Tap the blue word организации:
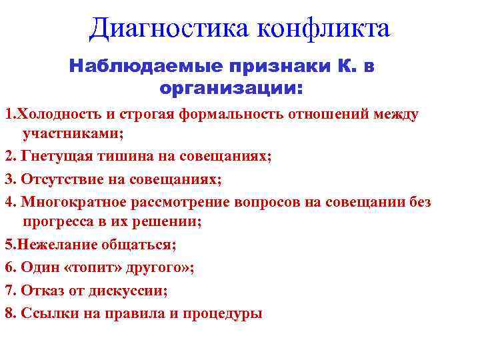coord(231,87)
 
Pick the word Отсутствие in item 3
coord(59,179)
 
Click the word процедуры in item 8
coord(225,314)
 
